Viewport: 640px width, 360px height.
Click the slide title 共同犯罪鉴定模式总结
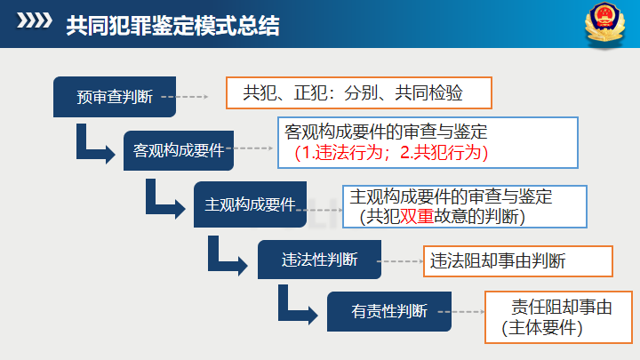pyautogui.click(x=172, y=26)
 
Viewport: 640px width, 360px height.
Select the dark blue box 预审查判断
pyautogui.click(x=115, y=96)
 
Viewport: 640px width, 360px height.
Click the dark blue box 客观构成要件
pyautogui.click(x=178, y=148)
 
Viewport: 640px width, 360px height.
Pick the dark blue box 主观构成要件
pyautogui.click(x=250, y=204)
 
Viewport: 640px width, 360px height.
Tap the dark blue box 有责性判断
pyautogui.click(x=389, y=310)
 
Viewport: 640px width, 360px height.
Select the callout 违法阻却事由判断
pyautogui.click(x=516, y=260)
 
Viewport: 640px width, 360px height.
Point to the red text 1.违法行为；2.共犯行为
pyautogui.click(x=392, y=152)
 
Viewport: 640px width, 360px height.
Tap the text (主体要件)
pyautogui.click(x=541, y=328)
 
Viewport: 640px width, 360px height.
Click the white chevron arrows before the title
pyautogui.click(x=35, y=25)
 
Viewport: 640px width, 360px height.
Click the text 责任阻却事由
pyautogui.click(x=562, y=308)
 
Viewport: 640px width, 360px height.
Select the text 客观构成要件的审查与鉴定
pyautogui.click(x=386, y=132)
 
